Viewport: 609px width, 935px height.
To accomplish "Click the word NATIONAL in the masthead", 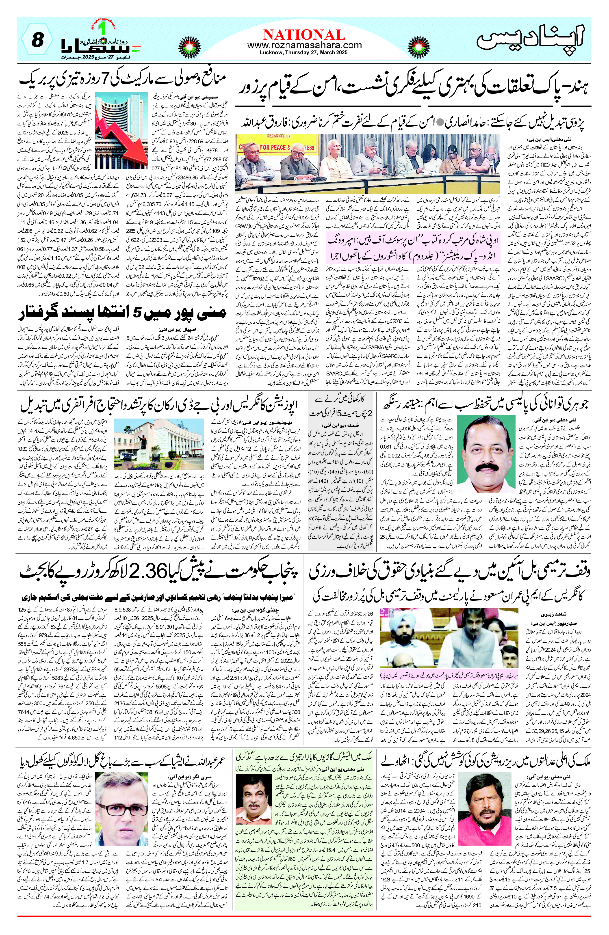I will point(304,35).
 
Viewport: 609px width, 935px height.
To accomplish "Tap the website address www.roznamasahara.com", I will point(304,45).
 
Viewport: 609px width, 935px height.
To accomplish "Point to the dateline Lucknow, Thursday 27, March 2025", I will point(304,53).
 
